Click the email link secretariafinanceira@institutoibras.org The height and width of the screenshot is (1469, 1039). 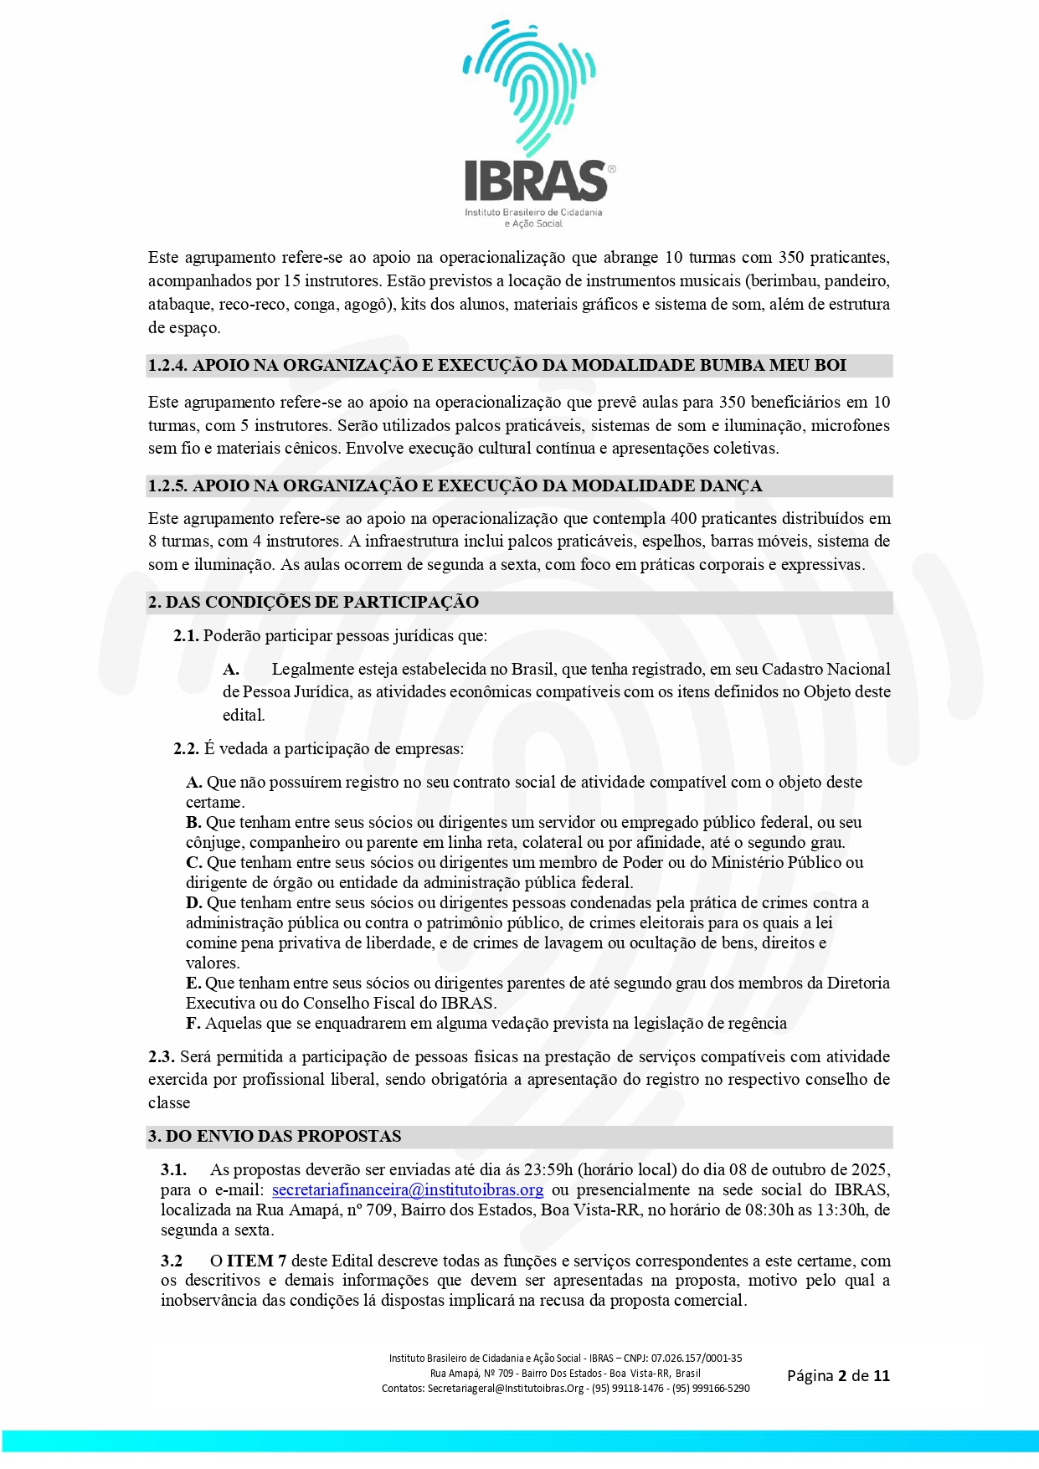click(x=408, y=1189)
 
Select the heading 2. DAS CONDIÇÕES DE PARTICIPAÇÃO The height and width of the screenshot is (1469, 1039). click(x=313, y=602)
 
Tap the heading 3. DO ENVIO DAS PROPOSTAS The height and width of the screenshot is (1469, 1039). click(x=275, y=1136)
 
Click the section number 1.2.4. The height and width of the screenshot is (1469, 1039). click(x=167, y=365)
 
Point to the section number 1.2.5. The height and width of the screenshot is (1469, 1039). click(x=167, y=485)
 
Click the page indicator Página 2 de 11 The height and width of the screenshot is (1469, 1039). click(x=838, y=1375)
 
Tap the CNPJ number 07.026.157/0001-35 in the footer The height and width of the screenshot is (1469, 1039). click(x=697, y=1358)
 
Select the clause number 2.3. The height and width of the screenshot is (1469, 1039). click(x=161, y=1056)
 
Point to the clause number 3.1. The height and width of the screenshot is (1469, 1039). click(x=173, y=1169)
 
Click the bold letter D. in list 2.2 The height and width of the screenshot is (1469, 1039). click(x=194, y=902)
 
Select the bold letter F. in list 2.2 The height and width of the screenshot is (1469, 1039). click(x=193, y=1023)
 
